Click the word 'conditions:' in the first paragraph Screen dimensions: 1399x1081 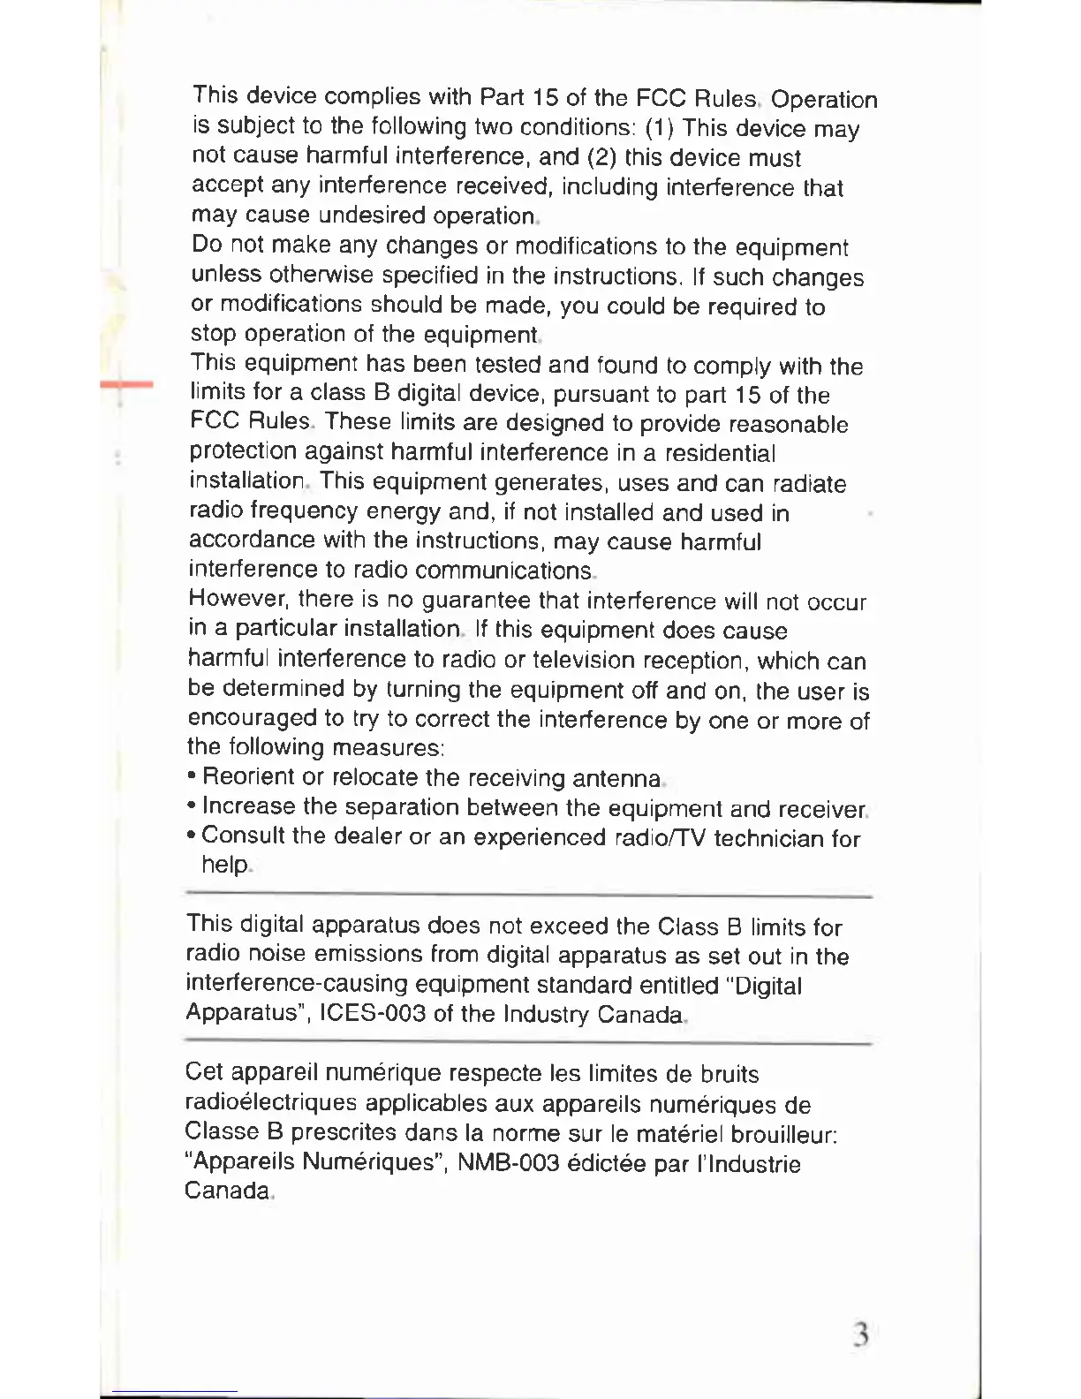579,127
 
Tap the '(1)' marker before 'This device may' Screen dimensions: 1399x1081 660,128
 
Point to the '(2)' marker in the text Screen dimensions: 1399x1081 601,157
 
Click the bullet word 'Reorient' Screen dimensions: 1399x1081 248,777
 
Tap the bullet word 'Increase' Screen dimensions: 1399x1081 248,806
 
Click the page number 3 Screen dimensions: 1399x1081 861,1335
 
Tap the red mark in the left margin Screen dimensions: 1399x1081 126,385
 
